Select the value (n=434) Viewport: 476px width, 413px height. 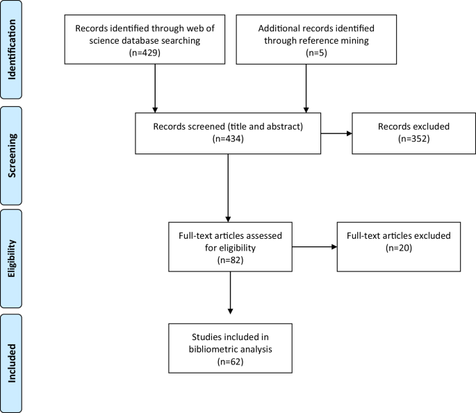point(229,139)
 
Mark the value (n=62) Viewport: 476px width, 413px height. point(229,362)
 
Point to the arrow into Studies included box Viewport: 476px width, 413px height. point(229,296)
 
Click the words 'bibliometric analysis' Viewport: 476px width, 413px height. point(229,349)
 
